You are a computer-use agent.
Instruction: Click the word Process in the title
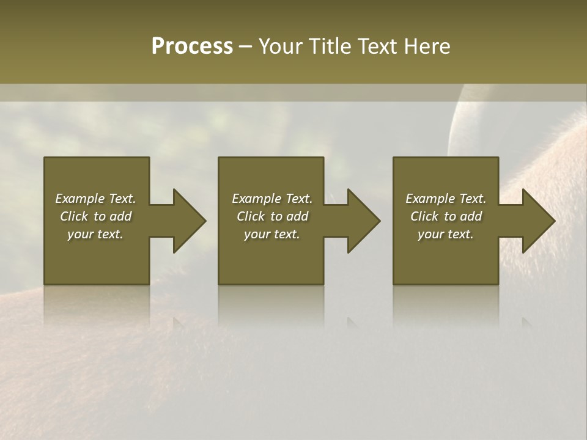coord(192,46)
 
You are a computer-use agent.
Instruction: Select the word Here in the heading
coord(428,46)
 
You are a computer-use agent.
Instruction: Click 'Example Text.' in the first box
coord(95,199)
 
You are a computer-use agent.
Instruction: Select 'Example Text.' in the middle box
coord(272,199)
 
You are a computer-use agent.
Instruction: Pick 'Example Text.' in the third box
coord(446,199)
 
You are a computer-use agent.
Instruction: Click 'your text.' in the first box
coord(95,234)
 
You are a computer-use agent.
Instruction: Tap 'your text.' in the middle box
coord(272,234)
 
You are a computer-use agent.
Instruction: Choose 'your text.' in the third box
coord(446,234)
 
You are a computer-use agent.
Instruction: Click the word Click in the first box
coord(75,216)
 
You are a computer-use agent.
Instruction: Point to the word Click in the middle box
coord(251,216)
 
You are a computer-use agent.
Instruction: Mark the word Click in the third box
coord(425,216)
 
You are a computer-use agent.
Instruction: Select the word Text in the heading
coord(378,46)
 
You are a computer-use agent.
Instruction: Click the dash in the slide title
coord(245,48)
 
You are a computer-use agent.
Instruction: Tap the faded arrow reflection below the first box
coord(177,320)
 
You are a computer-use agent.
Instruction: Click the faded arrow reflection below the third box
coord(526,320)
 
